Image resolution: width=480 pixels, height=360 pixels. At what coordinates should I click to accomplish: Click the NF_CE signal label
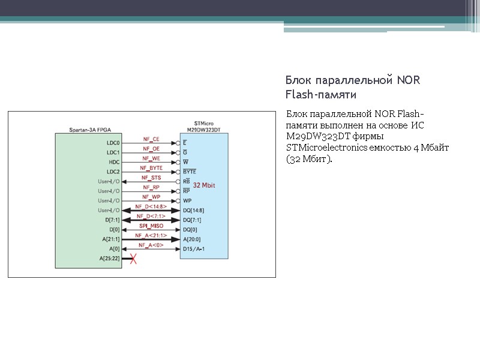coord(151,139)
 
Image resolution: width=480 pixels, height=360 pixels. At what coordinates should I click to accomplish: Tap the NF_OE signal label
coord(151,149)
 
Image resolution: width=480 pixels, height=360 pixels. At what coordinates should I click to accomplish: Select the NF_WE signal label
coord(151,158)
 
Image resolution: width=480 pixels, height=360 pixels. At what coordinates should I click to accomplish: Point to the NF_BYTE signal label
coord(151,168)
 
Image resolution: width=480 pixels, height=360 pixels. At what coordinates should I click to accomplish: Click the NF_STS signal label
coord(151,178)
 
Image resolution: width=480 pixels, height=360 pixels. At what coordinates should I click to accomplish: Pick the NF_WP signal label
coord(151,197)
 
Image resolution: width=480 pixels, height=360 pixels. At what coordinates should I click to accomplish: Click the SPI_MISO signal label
coord(151,226)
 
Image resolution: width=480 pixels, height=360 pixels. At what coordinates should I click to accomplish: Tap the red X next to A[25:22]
coord(134,259)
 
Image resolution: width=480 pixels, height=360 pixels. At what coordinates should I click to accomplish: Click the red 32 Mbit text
coord(204,185)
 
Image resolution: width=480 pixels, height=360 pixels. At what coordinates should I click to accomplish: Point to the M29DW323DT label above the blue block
coord(204,130)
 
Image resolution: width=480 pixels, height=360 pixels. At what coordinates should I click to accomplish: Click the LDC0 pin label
coord(113,143)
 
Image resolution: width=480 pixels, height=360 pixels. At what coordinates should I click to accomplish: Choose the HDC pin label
coord(114,163)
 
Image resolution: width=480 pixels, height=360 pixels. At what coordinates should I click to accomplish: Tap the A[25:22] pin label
coord(110,258)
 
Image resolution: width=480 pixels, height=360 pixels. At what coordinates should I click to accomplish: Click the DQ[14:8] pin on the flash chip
coord(193,211)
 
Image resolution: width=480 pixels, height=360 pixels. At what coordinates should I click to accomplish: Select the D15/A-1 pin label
coord(194,248)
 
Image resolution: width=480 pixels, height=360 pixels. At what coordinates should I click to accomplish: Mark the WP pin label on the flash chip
coord(187,201)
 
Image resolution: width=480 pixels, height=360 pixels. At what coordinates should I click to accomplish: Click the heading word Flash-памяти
coord(321,95)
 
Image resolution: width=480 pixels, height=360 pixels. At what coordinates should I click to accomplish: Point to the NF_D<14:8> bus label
coord(151,206)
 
